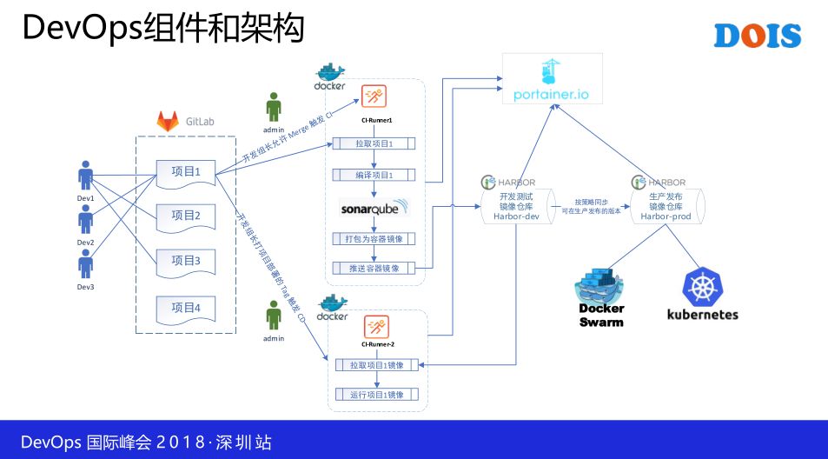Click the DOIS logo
tap(757, 36)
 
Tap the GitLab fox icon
tap(167, 122)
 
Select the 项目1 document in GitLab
tap(185, 172)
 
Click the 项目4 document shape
tap(185, 307)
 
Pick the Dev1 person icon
tap(85, 176)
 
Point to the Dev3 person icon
tap(85, 263)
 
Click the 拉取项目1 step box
tap(374, 143)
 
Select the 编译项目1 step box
tap(374, 175)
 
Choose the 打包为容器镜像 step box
tap(374, 238)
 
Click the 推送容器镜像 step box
tap(374, 268)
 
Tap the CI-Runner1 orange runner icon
tap(375, 96)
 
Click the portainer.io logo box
tap(551, 79)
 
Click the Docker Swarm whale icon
tap(602, 289)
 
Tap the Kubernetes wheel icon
tap(702, 288)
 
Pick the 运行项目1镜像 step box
tap(377, 395)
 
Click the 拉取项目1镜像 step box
tap(377, 365)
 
